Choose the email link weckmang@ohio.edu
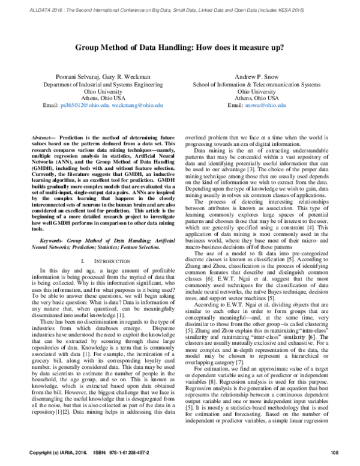coord(137,105)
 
